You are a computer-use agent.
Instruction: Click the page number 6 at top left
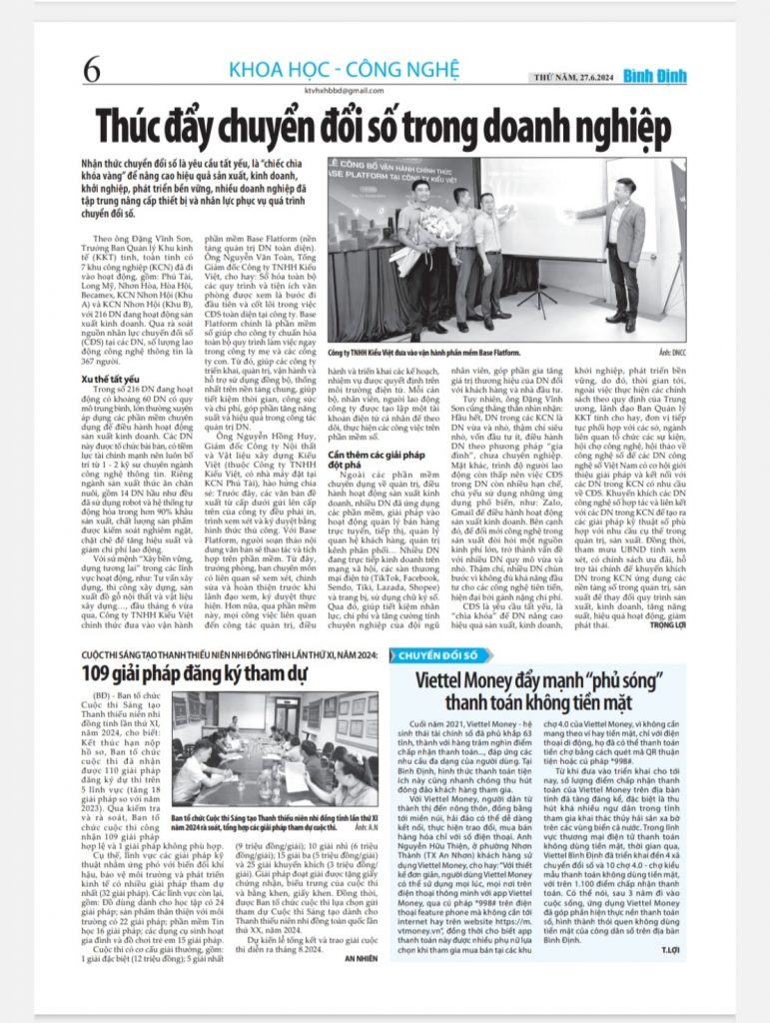click(93, 70)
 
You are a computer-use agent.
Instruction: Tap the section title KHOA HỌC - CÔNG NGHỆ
click(343, 70)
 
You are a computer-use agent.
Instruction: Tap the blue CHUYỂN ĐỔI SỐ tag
click(438, 656)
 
